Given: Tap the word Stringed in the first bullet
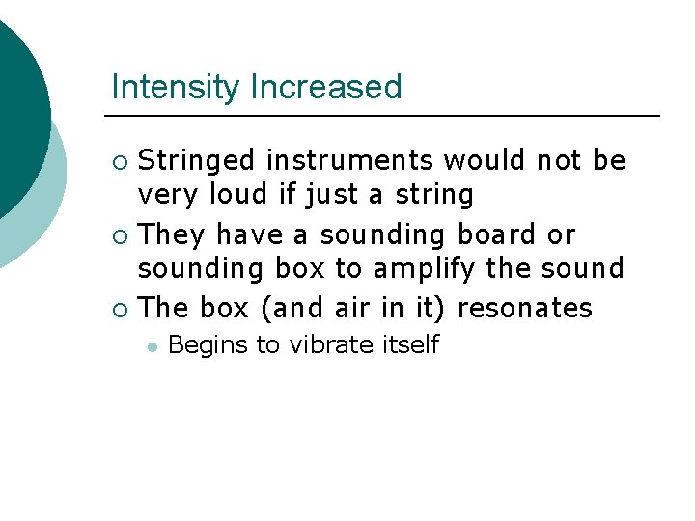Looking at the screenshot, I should pyautogui.click(x=197, y=161).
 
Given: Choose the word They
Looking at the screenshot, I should pyautogui.click(x=173, y=234).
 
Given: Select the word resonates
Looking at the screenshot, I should pyautogui.click(x=525, y=308).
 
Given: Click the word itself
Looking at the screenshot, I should pyautogui.click(x=407, y=344).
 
